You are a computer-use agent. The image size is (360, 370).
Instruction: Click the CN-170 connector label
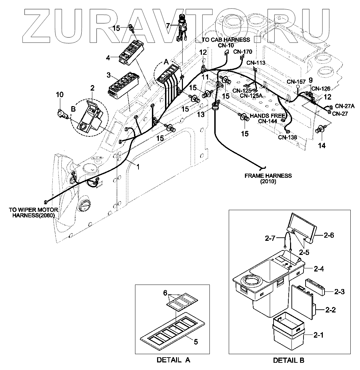point(243,52)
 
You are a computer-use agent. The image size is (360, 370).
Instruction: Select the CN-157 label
point(296,82)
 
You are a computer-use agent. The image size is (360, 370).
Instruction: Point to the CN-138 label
point(288,137)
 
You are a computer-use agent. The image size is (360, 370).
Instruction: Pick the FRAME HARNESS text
point(268,176)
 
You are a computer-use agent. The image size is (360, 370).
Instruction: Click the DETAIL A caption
point(173,360)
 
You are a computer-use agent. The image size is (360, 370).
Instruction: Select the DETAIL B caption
point(289,360)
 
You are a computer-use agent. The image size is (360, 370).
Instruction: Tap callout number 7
point(168,25)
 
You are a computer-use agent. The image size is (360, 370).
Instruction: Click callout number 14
point(321,146)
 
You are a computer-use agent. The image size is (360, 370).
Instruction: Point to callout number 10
point(60,94)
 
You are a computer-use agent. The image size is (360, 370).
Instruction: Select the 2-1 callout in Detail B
point(331,335)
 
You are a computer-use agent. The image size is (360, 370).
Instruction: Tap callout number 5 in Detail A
point(196,342)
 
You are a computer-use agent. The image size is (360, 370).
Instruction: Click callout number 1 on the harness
point(138,167)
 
